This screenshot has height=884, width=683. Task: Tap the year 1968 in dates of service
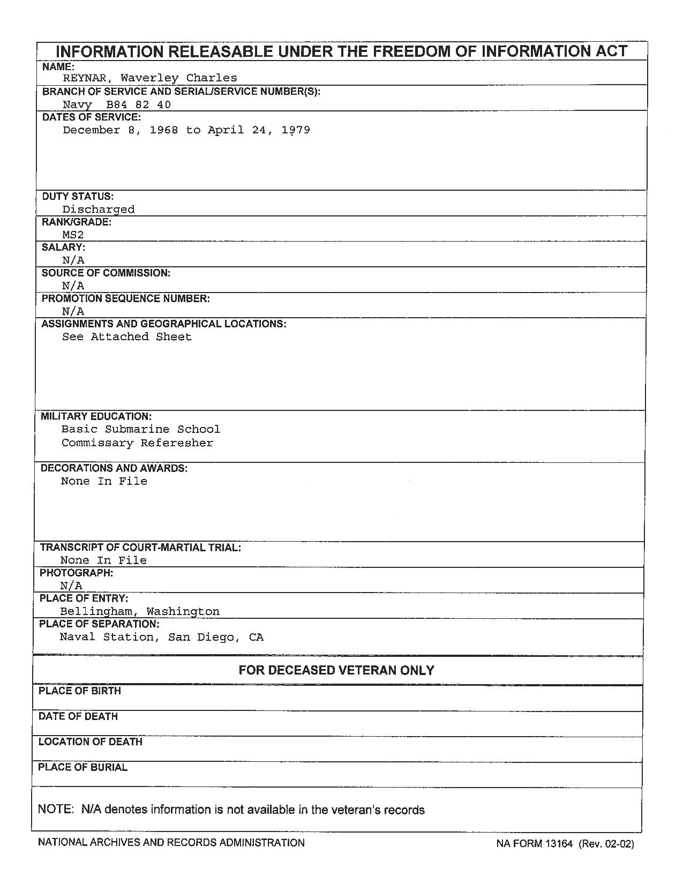[164, 130]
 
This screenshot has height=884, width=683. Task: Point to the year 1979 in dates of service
[296, 130]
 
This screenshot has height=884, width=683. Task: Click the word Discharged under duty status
[99, 209]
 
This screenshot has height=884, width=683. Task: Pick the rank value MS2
[73, 235]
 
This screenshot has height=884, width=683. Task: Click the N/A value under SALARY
[73, 260]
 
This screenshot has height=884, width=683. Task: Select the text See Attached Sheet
[127, 337]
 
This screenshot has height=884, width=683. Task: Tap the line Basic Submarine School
[141, 429]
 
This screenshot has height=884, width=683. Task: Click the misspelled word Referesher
[177, 443]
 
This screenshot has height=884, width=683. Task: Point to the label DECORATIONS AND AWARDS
[114, 468]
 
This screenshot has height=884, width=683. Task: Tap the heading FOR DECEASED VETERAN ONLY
[336, 670]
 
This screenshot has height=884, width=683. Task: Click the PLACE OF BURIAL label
[82, 767]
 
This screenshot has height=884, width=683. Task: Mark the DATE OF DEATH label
[78, 716]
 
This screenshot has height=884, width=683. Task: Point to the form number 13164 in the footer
[559, 844]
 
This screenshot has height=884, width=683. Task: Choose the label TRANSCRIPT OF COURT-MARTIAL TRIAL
[140, 548]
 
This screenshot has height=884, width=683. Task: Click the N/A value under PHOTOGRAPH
[71, 586]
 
